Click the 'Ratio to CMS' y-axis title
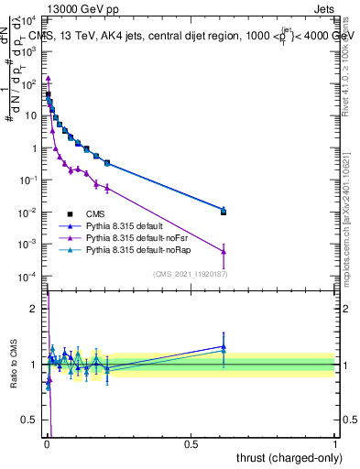(13, 365)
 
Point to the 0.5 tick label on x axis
(191, 443)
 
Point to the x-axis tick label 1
(335, 443)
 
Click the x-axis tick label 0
(46, 443)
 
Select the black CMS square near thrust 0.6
(224, 212)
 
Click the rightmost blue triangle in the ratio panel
(224, 346)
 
